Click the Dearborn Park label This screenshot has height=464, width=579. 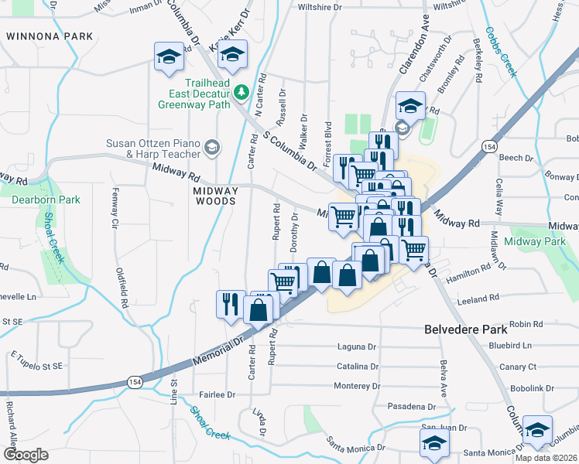(x=46, y=200)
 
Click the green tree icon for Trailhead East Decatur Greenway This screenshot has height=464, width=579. (x=241, y=93)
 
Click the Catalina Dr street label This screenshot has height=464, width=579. (x=357, y=367)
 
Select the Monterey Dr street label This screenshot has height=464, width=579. (x=357, y=386)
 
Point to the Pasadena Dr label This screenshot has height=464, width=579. (x=412, y=406)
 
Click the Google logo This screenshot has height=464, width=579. (x=26, y=455)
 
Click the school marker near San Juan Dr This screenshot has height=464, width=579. (x=434, y=443)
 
